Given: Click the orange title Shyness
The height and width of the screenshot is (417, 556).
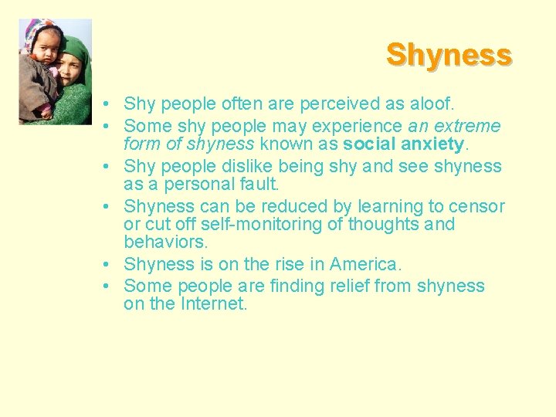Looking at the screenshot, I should tap(449, 55).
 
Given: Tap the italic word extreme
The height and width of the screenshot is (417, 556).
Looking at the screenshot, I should tap(469, 125).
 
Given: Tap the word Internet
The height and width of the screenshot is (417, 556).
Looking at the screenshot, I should tap(213, 304).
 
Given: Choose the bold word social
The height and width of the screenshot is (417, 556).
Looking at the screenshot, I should tap(369, 144).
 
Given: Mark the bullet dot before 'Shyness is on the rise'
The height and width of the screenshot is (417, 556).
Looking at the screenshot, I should tap(113, 265).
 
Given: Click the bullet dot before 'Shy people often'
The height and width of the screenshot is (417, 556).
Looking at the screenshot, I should tap(113, 104).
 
